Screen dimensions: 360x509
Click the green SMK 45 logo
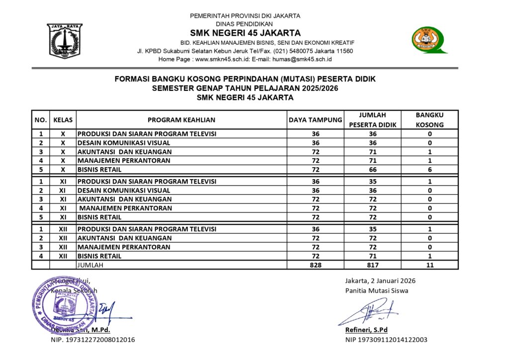tap(428, 39)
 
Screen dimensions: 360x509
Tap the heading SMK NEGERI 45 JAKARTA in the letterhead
tap(245, 33)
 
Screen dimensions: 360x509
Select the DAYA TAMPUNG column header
tap(316, 120)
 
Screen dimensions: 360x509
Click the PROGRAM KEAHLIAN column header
tap(181, 120)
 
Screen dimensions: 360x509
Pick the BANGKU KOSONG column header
tap(429, 120)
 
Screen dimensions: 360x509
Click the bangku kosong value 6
tap(429, 170)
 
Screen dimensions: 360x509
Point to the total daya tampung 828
tap(316, 265)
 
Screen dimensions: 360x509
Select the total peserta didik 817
tap(373, 265)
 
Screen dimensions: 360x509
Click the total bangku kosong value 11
tap(429, 265)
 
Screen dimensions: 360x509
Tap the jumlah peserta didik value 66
tap(373, 170)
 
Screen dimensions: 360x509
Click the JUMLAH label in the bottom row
tap(90, 265)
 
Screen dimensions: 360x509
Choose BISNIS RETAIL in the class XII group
tap(99, 256)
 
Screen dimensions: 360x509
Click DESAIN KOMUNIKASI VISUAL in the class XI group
tap(124, 190)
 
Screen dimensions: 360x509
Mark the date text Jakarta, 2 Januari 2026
tap(380, 280)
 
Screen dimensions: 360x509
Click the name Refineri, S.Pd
tap(367, 330)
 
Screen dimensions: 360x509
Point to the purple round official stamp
tap(65, 303)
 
